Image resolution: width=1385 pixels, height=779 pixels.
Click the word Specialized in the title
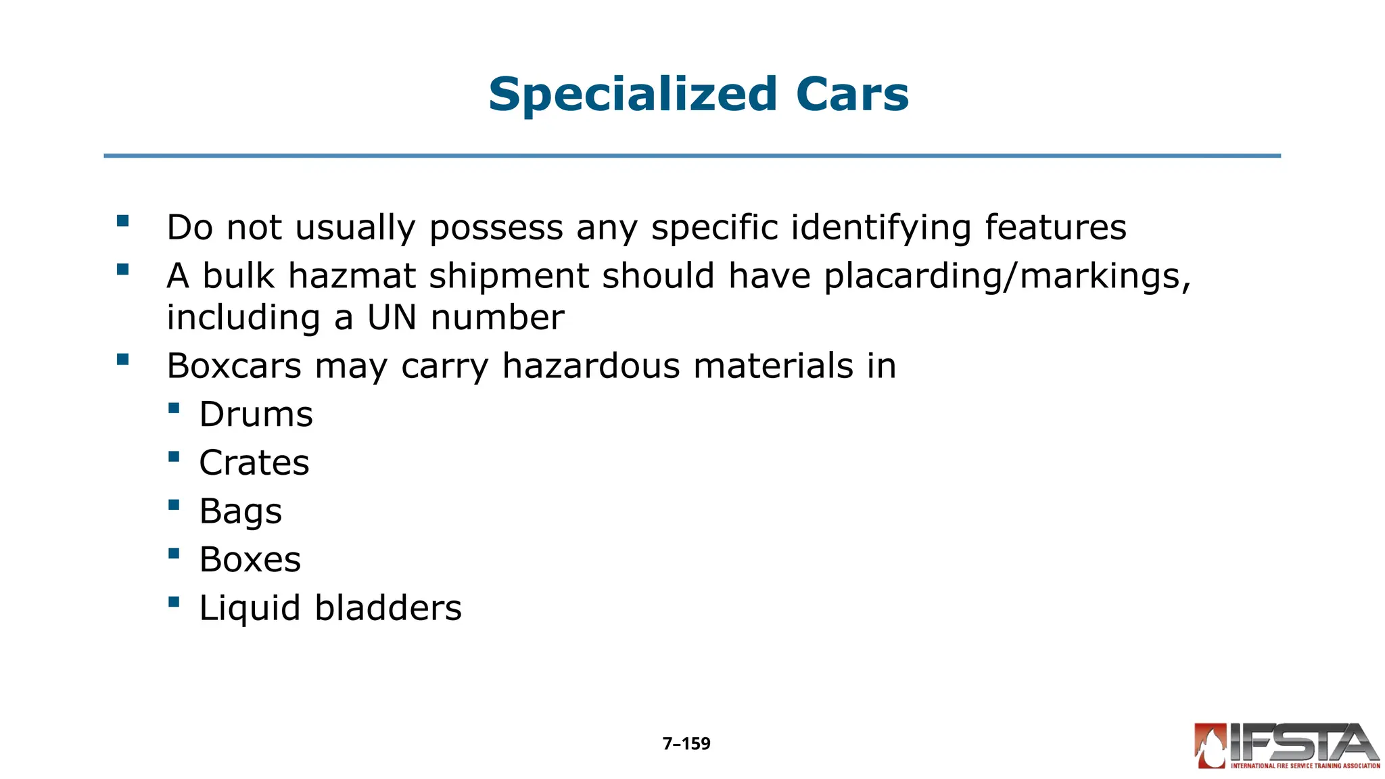(x=633, y=95)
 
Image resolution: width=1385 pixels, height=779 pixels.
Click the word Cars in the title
(x=852, y=95)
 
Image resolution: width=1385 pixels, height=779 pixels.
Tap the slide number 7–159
(x=686, y=744)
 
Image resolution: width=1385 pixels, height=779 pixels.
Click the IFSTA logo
(x=1287, y=746)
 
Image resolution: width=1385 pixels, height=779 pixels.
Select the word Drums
(x=256, y=415)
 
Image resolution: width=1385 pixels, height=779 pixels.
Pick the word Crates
(x=254, y=463)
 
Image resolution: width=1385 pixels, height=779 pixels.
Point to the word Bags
(x=241, y=512)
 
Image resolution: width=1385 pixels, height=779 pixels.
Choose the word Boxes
(x=250, y=560)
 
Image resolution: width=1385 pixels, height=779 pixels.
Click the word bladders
(x=388, y=608)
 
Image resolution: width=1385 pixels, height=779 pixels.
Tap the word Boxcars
(x=234, y=367)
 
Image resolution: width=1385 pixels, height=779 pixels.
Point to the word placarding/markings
(x=1007, y=277)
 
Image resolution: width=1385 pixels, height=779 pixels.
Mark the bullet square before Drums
(x=174, y=408)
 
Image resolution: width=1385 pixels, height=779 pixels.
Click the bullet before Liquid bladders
(x=174, y=601)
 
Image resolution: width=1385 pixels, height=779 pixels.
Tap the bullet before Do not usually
(x=122, y=220)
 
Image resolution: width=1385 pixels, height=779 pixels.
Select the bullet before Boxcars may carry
(x=122, y=359)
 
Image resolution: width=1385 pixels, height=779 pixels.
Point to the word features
(x=1056, y=228)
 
